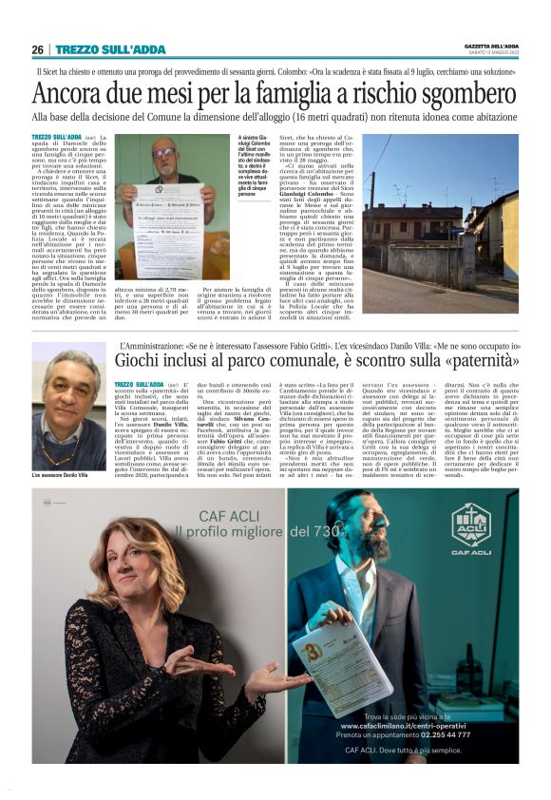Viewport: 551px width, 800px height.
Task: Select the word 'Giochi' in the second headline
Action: click(x=139, y=361)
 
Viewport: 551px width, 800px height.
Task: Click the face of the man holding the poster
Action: click(x=166, y=156)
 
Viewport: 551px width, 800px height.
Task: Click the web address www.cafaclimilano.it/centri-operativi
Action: click(x=407, y=725)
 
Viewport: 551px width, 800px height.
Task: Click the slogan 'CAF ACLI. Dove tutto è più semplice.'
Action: click(x=406, y=750)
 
